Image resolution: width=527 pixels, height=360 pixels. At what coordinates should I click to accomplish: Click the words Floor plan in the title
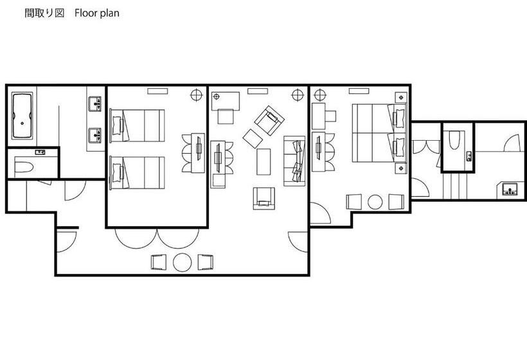click(x=97, y=13)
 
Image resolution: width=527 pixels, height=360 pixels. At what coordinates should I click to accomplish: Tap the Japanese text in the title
click(x=44, y=13)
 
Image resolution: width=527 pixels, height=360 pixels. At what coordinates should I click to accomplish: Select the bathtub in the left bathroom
click(x=22, y=116)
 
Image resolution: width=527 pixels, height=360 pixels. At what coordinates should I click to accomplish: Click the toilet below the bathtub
click(x=24, y=167)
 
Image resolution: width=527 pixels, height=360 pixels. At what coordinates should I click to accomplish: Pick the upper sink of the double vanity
click(x=95, y=104)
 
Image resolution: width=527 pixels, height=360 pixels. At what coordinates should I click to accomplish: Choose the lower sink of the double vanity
click(x=95, y=135)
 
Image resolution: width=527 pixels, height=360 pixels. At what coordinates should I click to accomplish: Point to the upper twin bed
click(x=137, y=126)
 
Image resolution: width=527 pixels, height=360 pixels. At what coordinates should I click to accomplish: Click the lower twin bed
click(x=137, y=173)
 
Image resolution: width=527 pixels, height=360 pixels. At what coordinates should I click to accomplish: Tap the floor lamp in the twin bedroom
click(x=197, y=95)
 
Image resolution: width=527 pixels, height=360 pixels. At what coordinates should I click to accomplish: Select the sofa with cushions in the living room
click(x=294, y=161)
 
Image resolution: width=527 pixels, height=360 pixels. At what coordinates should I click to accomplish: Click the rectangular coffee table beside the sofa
click(x=263, y=162)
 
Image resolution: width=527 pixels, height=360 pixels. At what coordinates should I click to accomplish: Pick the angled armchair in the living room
click(x=269, y=120)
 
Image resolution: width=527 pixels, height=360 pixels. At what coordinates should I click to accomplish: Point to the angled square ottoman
click(x=253, y=138)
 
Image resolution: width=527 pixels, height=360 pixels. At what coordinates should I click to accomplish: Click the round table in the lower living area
click(x=183, y=262)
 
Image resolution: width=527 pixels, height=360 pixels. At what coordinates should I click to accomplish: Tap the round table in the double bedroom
click(x=375, y=202)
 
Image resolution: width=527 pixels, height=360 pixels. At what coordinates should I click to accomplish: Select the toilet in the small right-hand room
click(x=454, y=140)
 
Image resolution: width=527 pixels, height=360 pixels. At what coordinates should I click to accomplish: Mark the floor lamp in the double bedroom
click(x=320, y=95)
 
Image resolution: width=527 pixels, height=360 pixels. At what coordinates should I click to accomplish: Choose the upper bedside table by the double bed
click(x=400, y=98)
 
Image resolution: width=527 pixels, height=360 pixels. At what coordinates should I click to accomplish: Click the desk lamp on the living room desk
click(x=216, y=97)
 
